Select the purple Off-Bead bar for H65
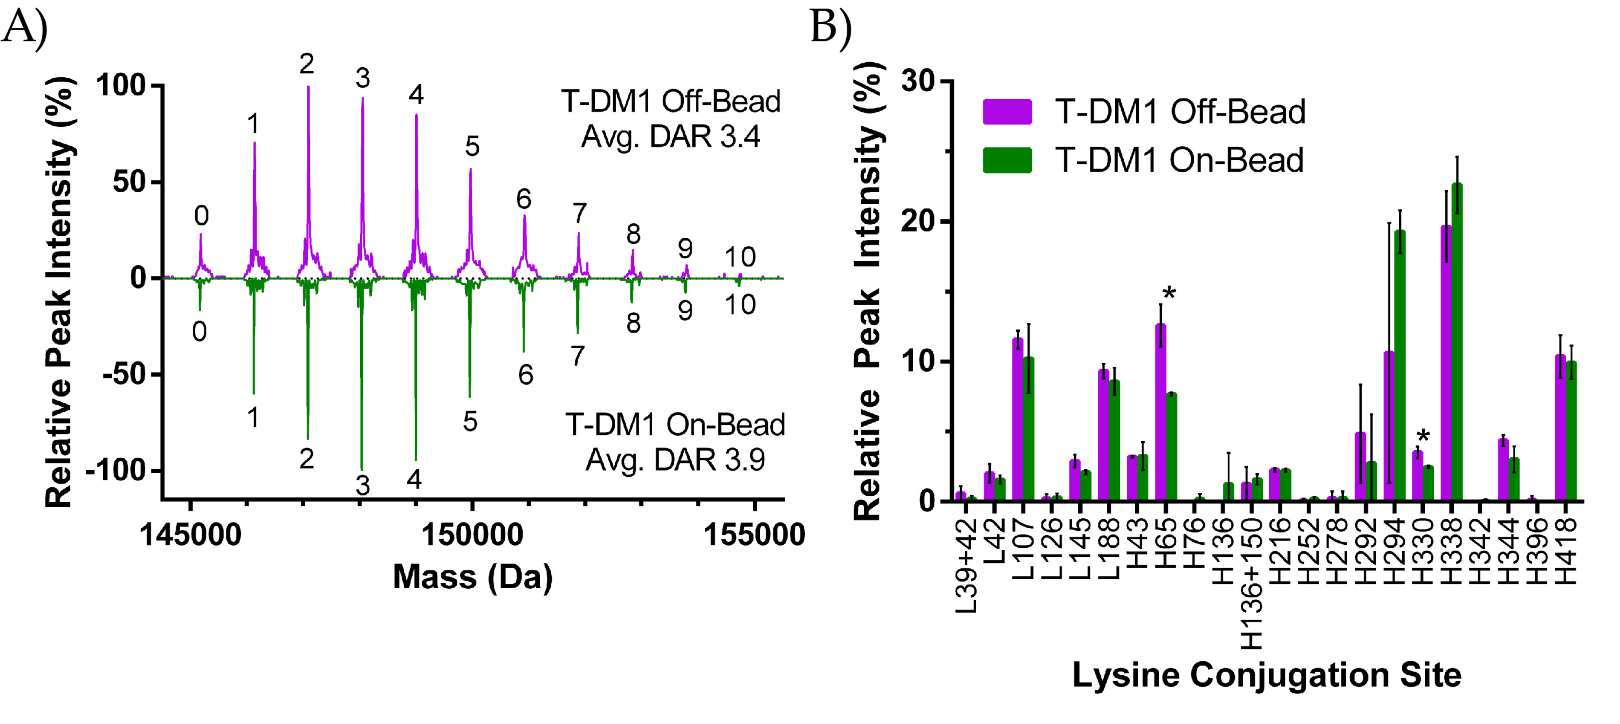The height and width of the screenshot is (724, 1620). (1160, 412)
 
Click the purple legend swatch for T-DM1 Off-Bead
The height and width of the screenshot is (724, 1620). (1007, 112)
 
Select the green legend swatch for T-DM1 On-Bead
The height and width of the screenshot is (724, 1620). (1007, 161)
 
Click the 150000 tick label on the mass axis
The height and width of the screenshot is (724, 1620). (471, 535)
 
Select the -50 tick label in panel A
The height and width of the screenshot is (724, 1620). (123, 374)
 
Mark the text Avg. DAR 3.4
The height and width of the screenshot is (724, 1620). (671, 136)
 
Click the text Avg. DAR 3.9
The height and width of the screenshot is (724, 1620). (675, 460)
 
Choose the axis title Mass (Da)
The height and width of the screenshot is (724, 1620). (472, 576)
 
